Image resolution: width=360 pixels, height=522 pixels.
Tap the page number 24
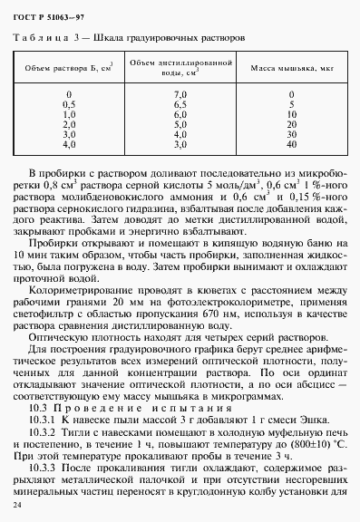click(17, 501)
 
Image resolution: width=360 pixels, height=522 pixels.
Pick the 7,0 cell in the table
click(179, 94)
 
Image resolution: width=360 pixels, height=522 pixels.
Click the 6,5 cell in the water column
click(179, 104)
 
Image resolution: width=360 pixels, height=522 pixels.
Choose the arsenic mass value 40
click(290, 143)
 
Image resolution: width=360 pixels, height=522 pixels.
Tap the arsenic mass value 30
click(290, 133)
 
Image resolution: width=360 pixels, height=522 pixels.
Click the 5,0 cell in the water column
click(179, 124)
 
